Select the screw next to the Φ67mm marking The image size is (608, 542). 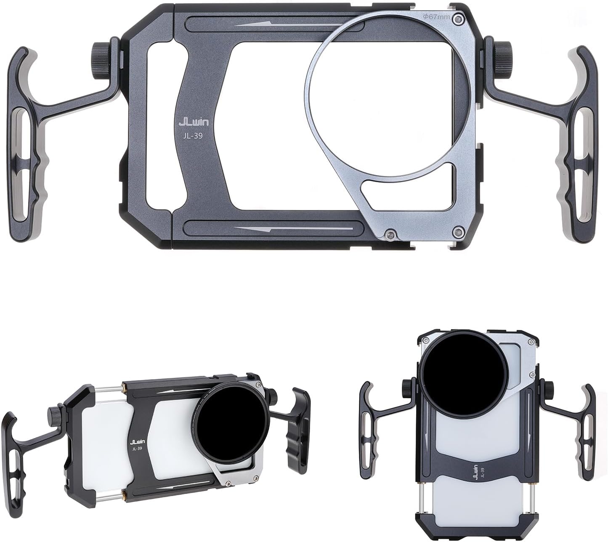tap(462, 19)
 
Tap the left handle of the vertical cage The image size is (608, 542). tap(367, 433)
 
